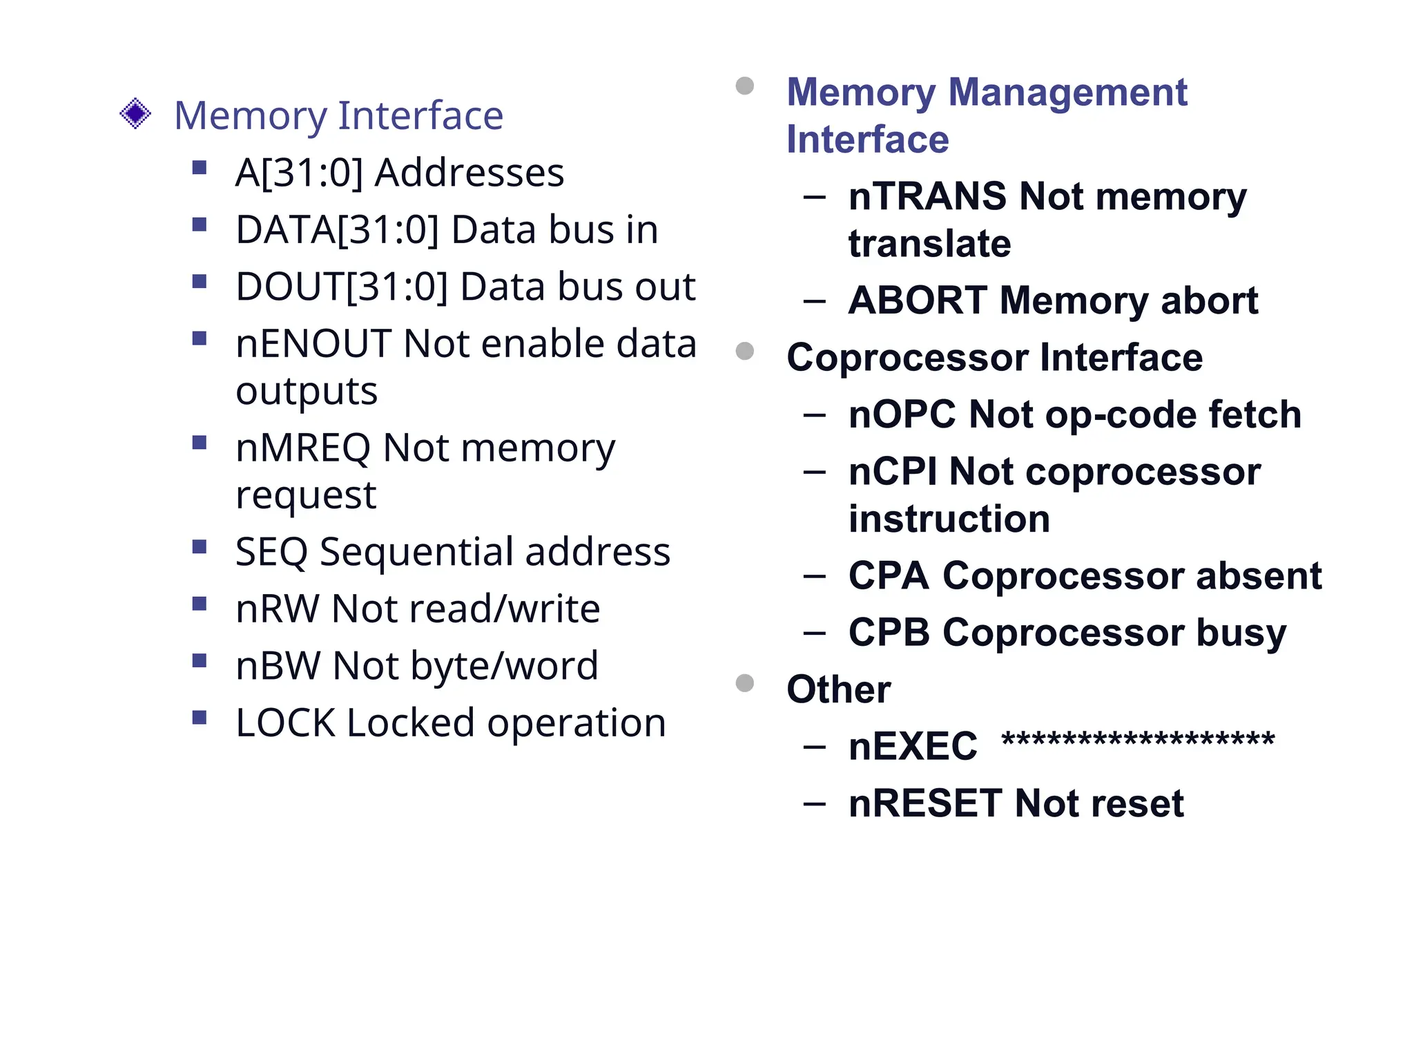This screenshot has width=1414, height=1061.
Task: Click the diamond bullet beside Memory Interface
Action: tap(135, 113)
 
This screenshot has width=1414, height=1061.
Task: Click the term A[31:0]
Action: tap(299, 173)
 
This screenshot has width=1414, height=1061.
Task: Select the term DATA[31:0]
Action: tap(337, 230)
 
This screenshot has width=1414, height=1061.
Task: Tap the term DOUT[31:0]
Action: tap(342, 287)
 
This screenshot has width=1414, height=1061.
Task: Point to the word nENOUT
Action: tap(313, 344)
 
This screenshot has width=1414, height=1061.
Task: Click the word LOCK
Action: tap(285, 723)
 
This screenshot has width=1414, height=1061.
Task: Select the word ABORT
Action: tap(918, 301)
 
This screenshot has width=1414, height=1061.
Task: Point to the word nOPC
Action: tap(902, 415)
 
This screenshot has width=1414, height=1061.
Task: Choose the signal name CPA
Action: tap(889, 576)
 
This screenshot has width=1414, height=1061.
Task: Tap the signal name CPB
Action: tap(889, 633)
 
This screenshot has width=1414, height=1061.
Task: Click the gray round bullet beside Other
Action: tap(744, 683)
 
